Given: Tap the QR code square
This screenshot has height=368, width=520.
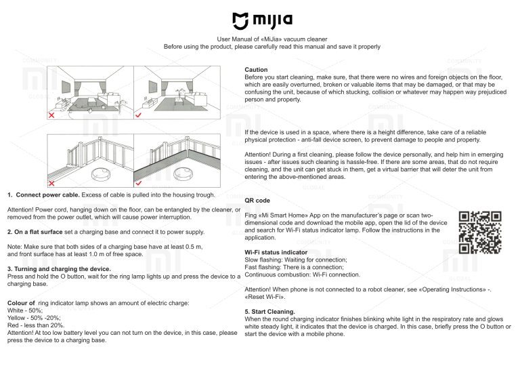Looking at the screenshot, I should coord(479,232).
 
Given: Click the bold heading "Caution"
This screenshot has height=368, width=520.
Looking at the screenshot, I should coord(256,70).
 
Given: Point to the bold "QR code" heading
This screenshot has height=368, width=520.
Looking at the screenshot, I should coord(258,201).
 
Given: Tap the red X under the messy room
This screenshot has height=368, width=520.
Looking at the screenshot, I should coord(51,115).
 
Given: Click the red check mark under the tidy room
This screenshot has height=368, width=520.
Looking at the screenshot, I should coord(139,115).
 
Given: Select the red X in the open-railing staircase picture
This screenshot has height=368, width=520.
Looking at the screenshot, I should coord(51,182).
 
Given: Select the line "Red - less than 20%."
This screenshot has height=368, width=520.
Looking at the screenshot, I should coord(36,325).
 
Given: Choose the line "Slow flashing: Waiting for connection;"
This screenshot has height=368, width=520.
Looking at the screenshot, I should coord(295,260).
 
